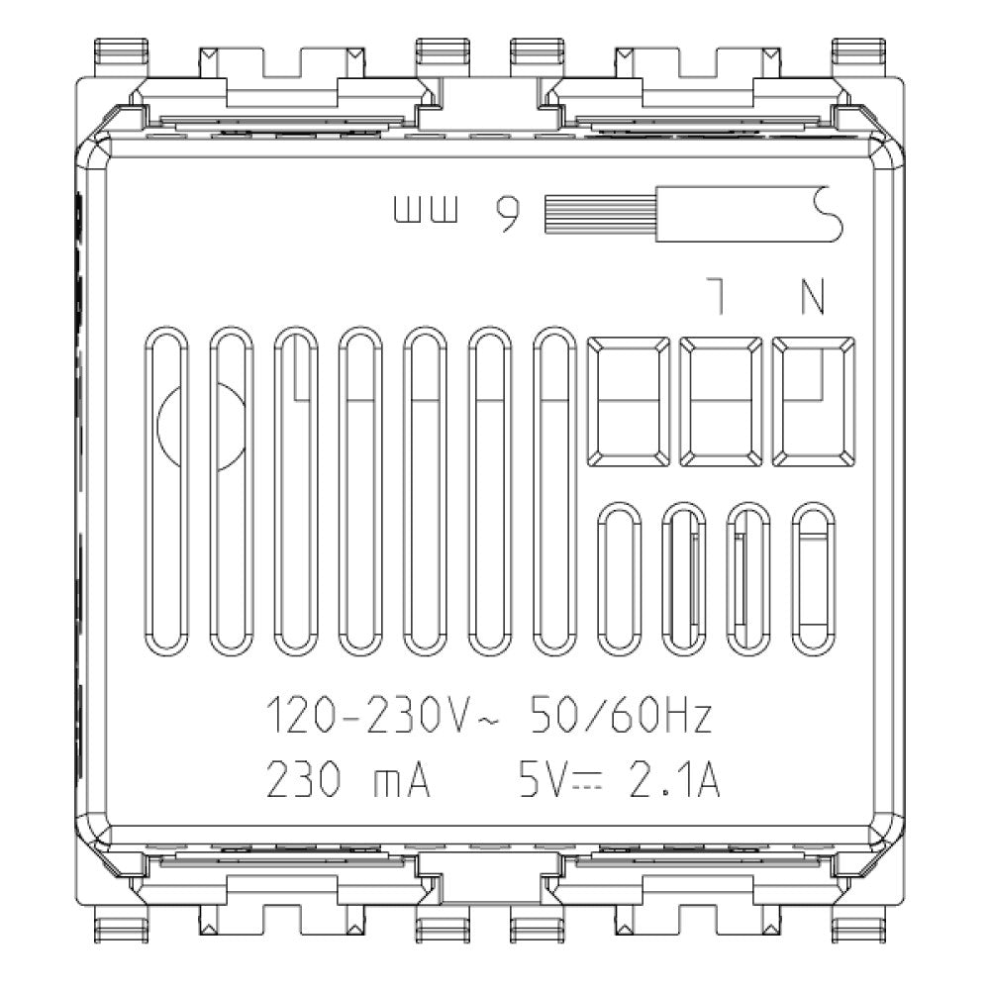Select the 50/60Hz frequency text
pos(622,718)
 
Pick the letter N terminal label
pos(812,297)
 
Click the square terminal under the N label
pos(813,401)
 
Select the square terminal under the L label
pos(721,401)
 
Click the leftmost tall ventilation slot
pos(169,490)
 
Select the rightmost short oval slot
pos(815,578)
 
